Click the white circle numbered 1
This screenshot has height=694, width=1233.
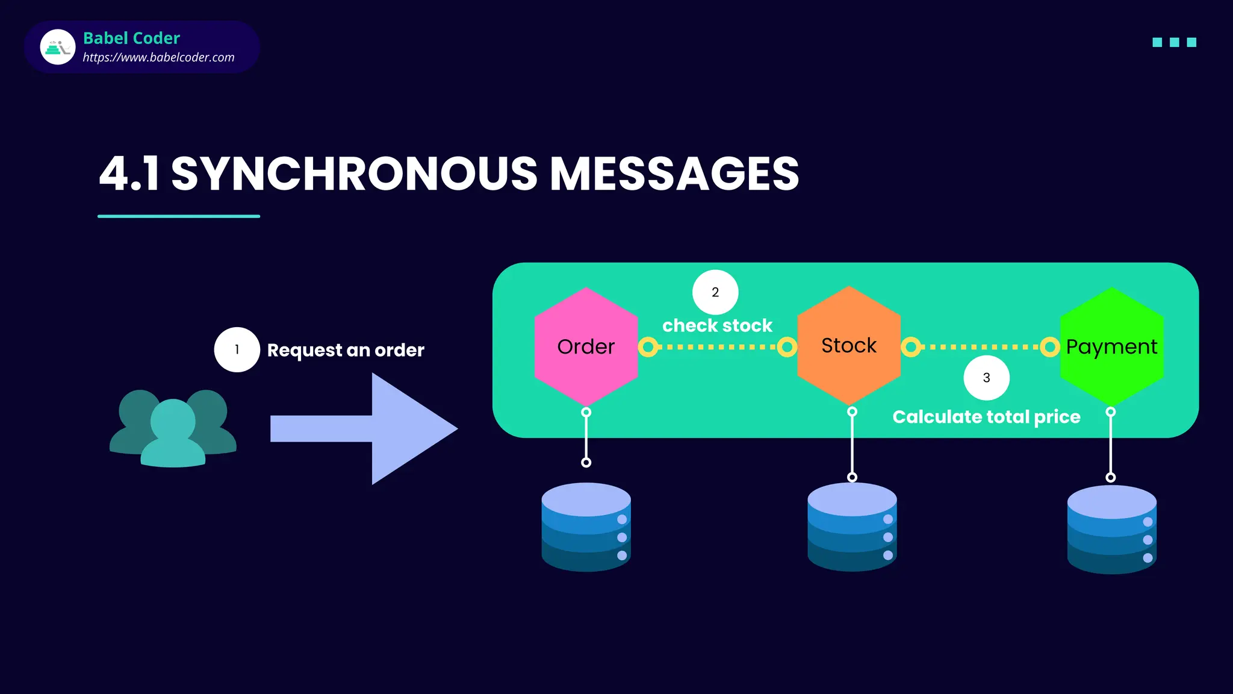point(237,349)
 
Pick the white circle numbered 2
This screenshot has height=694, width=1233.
point(715,292)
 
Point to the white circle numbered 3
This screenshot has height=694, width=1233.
point(986,378)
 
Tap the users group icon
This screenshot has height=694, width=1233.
point(173,428)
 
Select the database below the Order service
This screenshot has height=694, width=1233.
point(586,527)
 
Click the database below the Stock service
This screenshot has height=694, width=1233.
point(852,527)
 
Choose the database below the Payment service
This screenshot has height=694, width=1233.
point(1111,530)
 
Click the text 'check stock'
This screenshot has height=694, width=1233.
point(717,326)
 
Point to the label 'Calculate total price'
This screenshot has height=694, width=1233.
point(986,417)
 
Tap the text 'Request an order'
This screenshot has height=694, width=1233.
point(346,350)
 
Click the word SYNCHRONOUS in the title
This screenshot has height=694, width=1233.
point(354,174)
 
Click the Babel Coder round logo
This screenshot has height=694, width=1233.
point(58,47)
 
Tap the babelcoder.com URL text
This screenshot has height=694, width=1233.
point(158,58)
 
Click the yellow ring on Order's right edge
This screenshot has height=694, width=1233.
point(648,347)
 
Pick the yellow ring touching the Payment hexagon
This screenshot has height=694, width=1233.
point(1049,347)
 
